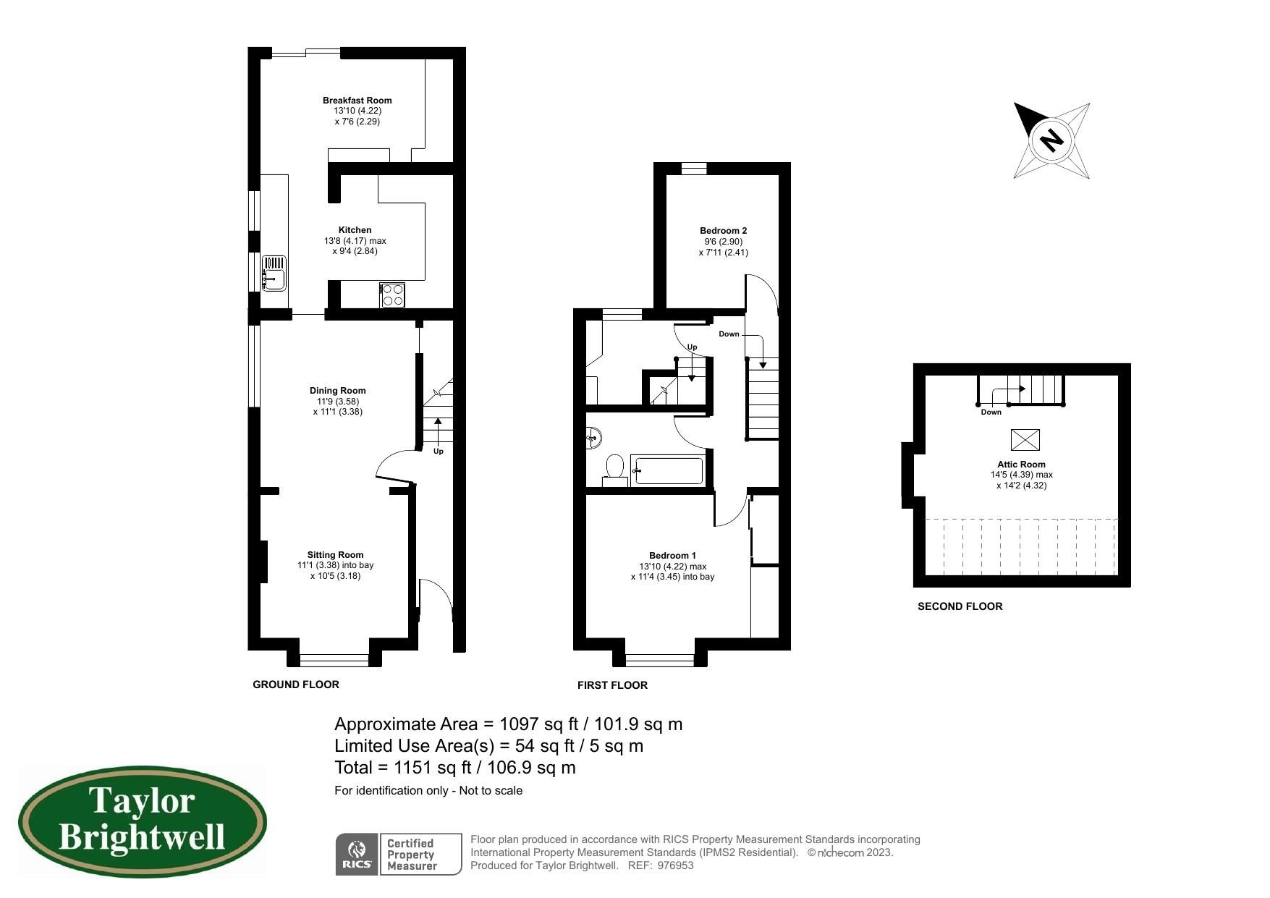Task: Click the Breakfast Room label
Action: (357, 101)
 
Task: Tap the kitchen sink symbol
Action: (274, 273)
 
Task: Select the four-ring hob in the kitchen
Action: (393, 295)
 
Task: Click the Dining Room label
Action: (337, 391)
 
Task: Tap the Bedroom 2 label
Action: (723, 231)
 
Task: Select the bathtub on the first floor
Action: (666, 471)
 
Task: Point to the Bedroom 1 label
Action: (672, 556)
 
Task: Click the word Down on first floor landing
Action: (729, 334)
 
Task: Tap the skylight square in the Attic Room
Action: (1025, 439)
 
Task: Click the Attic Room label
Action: (1021, 465)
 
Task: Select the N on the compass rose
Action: (1051, 139)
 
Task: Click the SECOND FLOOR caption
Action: (960, 606)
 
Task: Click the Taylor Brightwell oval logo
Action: (143, 822)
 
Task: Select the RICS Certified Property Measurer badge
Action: (398, 854)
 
